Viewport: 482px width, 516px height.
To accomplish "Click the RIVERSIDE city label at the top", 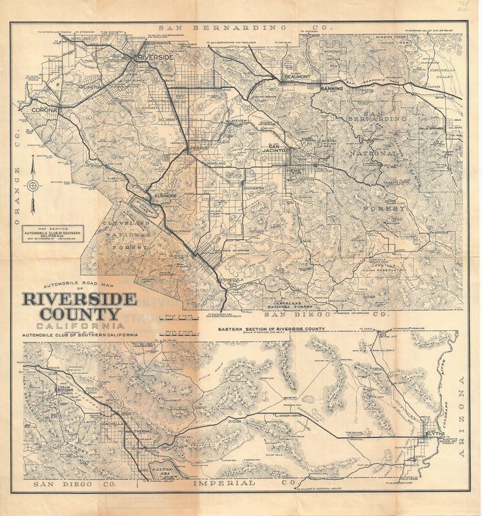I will pyautogui.click(x=157, y=57).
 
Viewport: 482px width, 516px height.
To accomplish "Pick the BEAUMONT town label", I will pyautogui.click(x=297, y=77).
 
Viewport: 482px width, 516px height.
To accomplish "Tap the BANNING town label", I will pyautogui.click(x=332, y=88).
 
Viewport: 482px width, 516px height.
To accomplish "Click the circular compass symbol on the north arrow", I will pyautogui.click(x=32, y=186).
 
